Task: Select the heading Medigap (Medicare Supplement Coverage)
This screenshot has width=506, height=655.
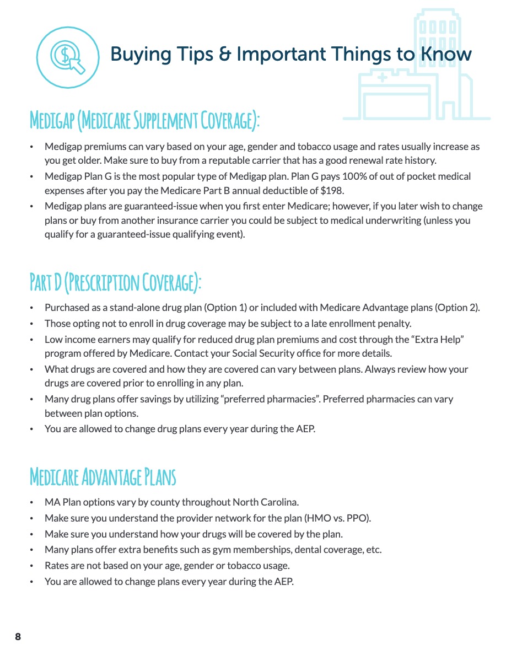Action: click(144, 120)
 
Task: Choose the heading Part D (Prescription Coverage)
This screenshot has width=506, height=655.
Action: click(115, 282)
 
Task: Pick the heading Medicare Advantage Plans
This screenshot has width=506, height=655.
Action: click(103, 477)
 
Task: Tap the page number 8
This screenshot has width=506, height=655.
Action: click(18, 637)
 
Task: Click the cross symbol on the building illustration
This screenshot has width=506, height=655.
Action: click(382, 79)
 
